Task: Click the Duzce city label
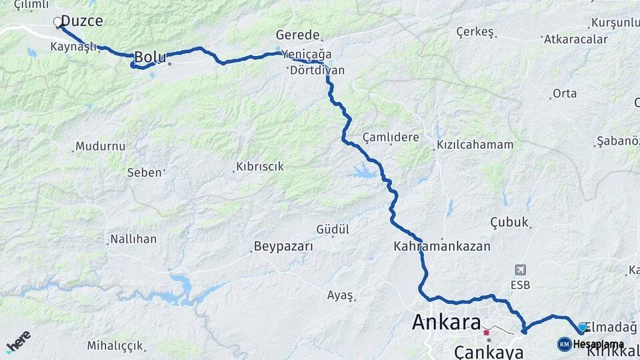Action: [x=82, y=21]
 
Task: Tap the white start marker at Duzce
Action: [x=57, y=22]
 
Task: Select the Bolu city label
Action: [x=150, y=58]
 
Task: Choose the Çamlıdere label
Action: [x=391, y=137]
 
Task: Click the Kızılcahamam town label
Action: [x=475, y=145]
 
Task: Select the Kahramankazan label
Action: [x=442, y=246]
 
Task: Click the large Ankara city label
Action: [x=447, y=323]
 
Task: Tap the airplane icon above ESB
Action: [x=521, y=270]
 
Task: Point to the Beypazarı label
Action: [x=283, y=247]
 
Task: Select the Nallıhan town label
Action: [x=133, y=239]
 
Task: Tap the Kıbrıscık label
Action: [x=259, y=167]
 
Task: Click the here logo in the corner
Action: [x=18, y=342]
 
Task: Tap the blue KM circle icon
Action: [x=565, y=344]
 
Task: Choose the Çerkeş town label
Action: [x=475, y=32]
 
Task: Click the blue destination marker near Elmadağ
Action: [x=582, y=327]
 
